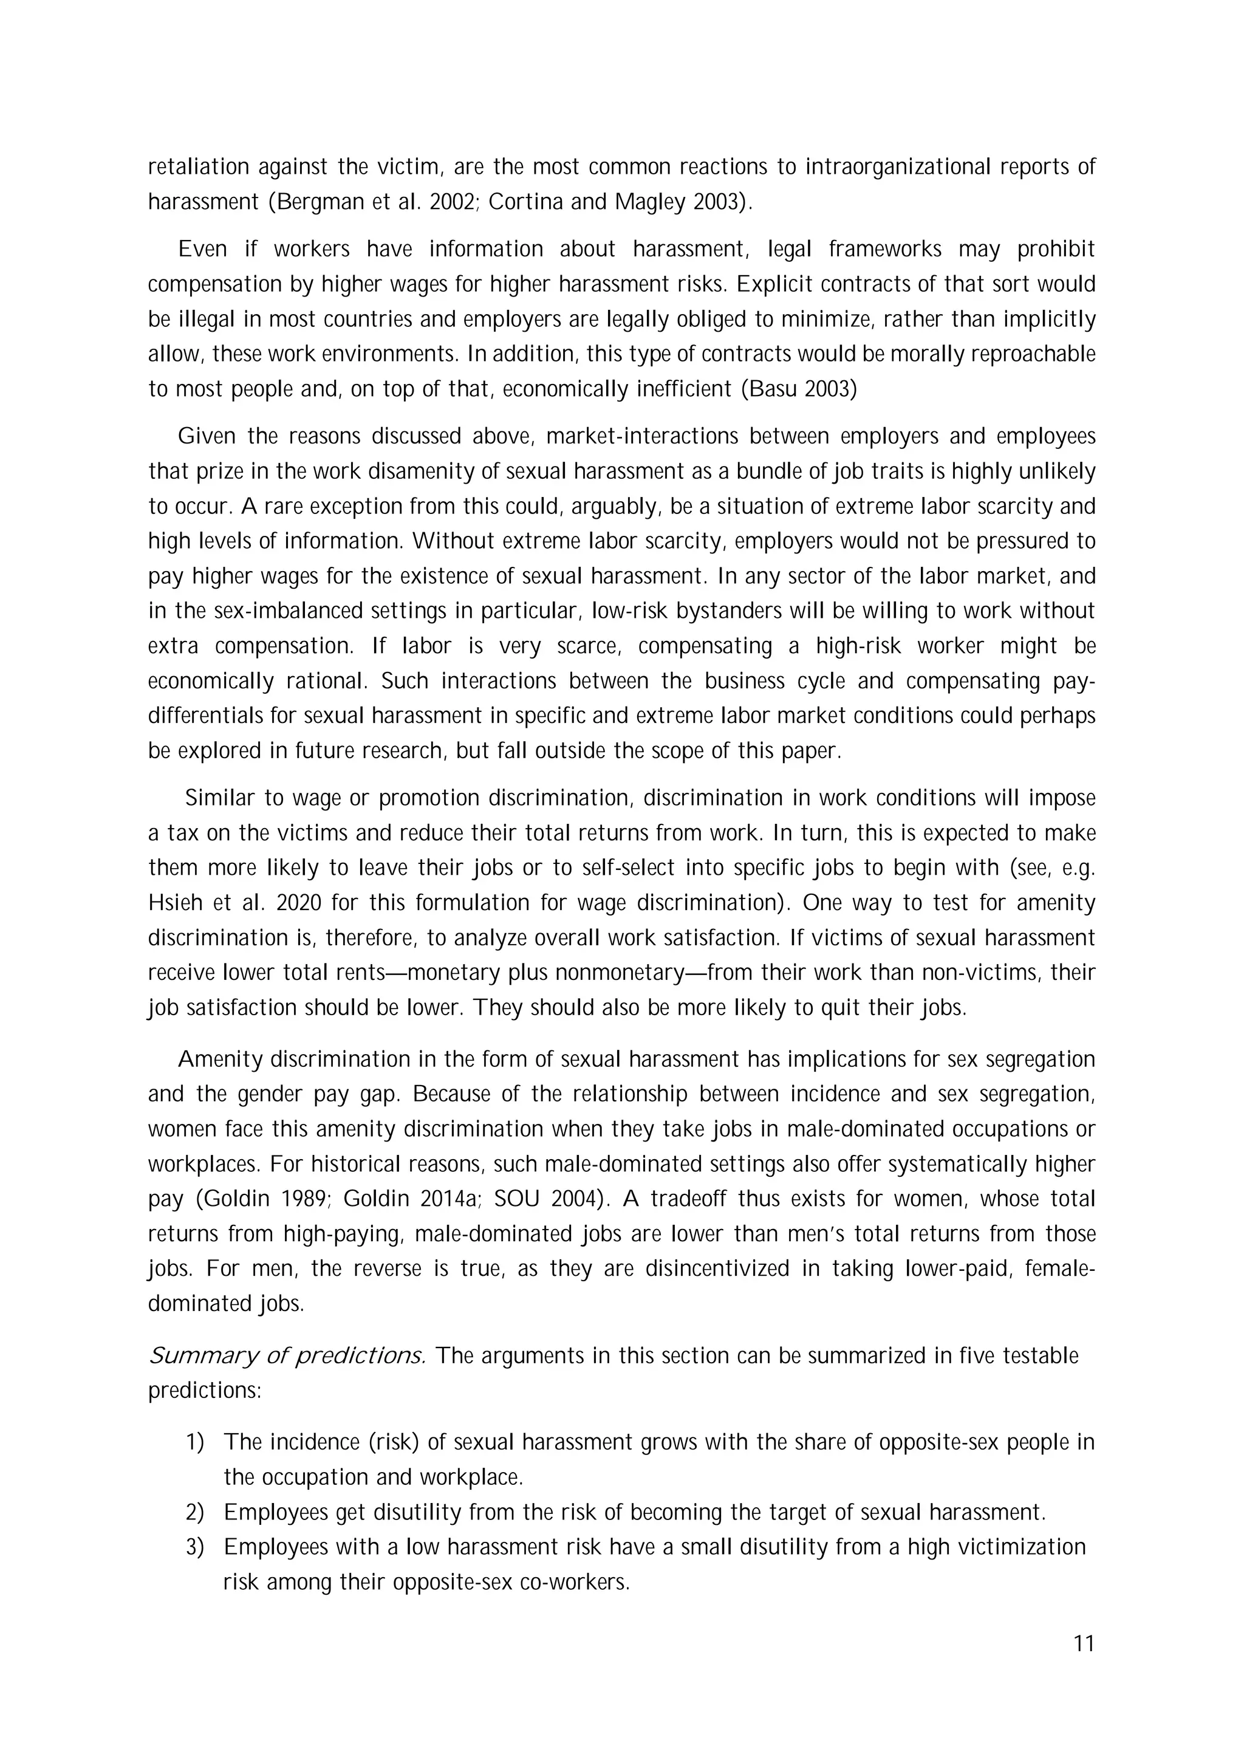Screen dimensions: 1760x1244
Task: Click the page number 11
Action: (x=1084, y=1643)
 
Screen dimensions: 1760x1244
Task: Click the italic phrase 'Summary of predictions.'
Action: (x=287, y=1356)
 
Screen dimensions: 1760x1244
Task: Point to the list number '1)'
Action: (x=196, y=1442)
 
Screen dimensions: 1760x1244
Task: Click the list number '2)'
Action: (x=196, y=1512)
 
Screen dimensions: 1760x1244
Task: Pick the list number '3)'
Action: (x=196, y=1547)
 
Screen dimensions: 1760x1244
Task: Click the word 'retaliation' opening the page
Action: (x=199, y=166)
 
